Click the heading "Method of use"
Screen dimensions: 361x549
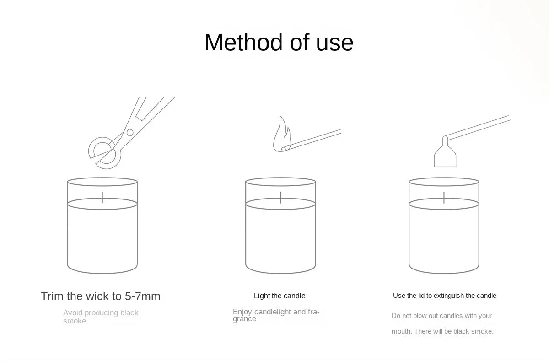tap(279, 43)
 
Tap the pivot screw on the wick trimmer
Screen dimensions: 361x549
tap(130, 133)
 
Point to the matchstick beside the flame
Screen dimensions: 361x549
tap(313, 140)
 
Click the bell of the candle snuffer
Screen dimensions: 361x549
tap(445, 156)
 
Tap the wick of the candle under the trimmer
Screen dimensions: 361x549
tap(102, 197)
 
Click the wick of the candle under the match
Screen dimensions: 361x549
tap(281, 197)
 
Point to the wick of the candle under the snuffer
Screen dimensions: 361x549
tap(444, 197)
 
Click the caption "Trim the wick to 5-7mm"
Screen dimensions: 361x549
tap(101, 296)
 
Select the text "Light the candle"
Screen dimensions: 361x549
tap(280, 296)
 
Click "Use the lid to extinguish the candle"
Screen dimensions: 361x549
tap(444, 296)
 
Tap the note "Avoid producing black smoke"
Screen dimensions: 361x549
tap(101, 317)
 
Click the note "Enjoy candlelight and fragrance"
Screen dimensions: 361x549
tap(276, 315)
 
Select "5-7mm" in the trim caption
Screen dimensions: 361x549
tap(143, 296)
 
